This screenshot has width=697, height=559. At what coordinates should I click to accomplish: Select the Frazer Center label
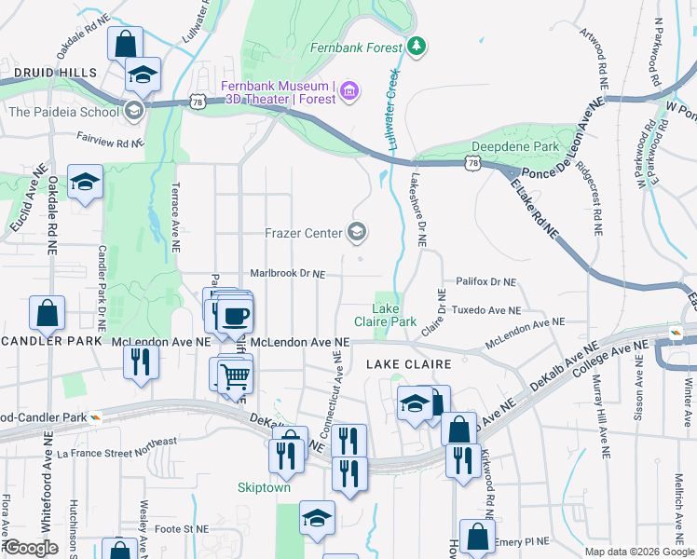[304, 232]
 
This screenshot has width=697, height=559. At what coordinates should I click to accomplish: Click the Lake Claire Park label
[386, 315]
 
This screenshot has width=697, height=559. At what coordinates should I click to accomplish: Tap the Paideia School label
[63, 112]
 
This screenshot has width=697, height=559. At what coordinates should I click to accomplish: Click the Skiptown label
[264, 487]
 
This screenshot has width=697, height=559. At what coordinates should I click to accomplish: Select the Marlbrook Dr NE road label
[288, 274]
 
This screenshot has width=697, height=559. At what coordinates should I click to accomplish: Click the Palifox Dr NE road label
[485, 280]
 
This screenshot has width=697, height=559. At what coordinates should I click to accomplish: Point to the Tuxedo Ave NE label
[485, 309]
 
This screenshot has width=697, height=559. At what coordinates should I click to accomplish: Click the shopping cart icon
[235, 375]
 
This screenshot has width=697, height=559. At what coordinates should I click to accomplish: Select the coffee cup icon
[234, 314]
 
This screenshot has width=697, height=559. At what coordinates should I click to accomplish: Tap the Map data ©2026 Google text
[639, 552]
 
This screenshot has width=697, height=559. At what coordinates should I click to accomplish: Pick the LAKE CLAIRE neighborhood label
[408, 363]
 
